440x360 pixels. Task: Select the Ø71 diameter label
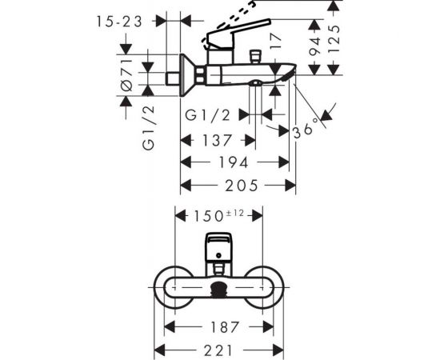coord(126,78)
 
